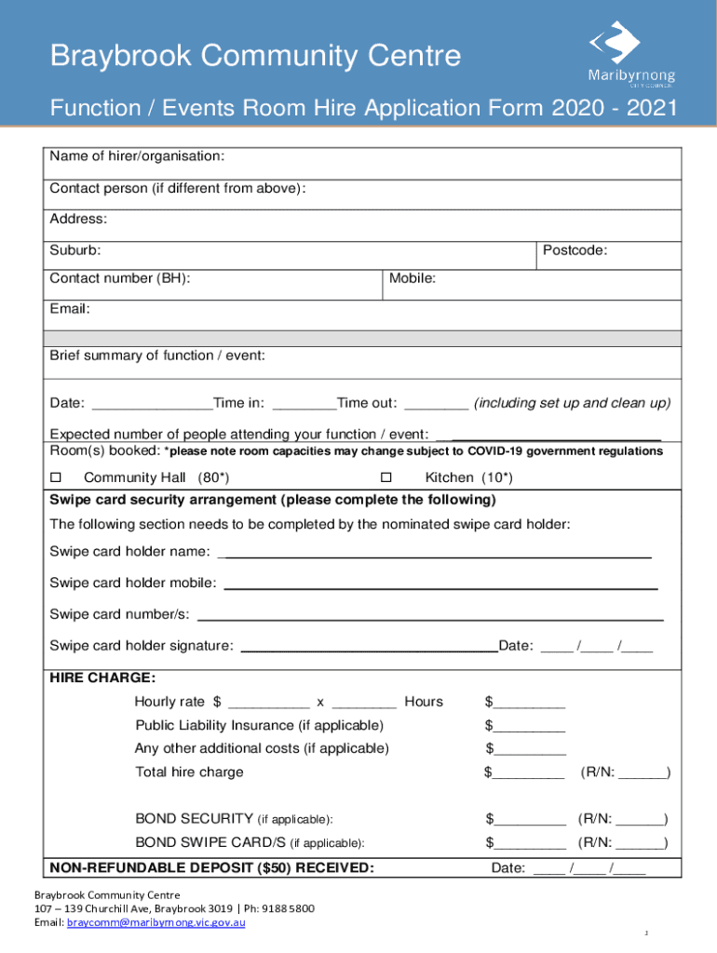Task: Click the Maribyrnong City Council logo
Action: [x=630, y=55]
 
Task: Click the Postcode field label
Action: [x=575, y=250]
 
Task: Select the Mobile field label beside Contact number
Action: [x=413, y=278]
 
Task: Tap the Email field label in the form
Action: [x=70, y=308]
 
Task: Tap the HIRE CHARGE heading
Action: [x=102, y=678]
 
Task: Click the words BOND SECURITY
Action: [x=194, y=819]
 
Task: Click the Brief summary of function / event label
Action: [x=157, y=356]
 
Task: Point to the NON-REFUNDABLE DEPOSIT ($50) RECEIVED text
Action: [x=212, y=868]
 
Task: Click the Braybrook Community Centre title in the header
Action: [x=255, y=57]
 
